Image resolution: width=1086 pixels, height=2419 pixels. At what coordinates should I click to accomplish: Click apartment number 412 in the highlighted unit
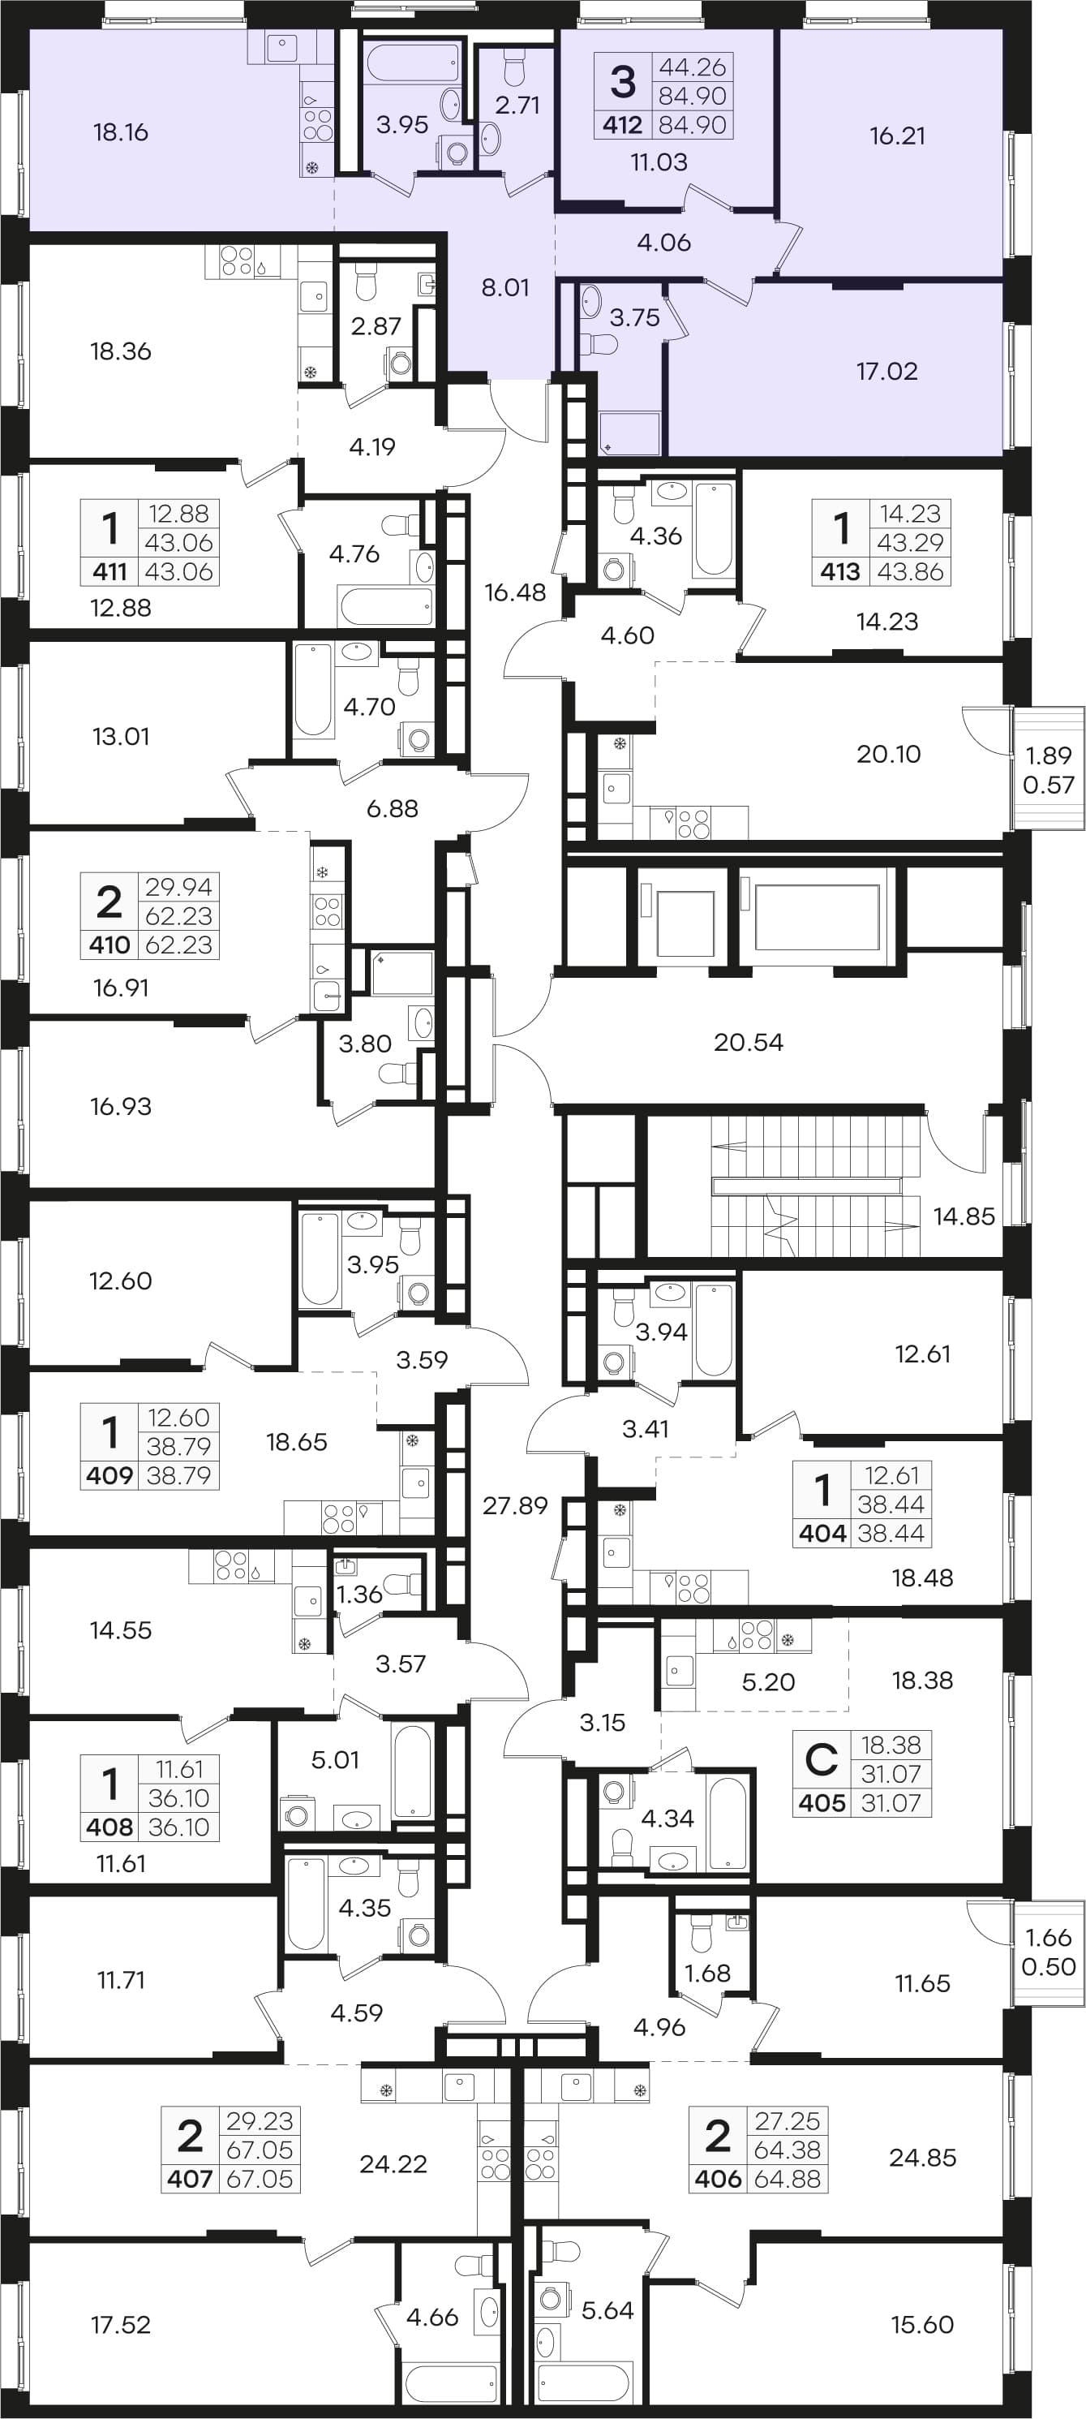click(622, 125)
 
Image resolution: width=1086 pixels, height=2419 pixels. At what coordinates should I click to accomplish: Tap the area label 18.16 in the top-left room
click(120, 132)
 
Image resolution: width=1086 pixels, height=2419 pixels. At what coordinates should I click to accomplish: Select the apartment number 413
click(840, 571)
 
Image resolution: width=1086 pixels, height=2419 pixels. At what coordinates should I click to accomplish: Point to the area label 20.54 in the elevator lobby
click(748, 1041)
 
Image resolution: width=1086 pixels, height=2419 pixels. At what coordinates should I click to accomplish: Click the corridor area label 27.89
click(515, 1505)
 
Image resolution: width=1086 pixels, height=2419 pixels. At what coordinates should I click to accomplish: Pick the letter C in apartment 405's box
click(822, 1758)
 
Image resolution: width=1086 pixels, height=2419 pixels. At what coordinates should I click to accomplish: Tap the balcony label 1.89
click(1048, 755)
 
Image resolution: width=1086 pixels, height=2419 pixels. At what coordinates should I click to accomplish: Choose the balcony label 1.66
click(1048, 1937)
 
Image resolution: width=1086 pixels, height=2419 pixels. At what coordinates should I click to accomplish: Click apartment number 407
click(191, 2178)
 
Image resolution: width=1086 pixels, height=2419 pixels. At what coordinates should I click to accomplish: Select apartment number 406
click(718, 2178)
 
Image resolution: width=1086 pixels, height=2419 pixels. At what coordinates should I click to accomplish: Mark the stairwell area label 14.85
click(964, 1216)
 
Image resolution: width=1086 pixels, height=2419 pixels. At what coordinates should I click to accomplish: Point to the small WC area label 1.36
click(359, 1594)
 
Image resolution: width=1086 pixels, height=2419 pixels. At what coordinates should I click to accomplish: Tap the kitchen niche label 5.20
click(768, 1682)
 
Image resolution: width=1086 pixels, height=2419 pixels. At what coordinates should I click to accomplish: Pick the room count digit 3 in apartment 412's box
click(622, 81)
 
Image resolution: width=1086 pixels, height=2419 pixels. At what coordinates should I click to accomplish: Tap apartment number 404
click(822, 1534)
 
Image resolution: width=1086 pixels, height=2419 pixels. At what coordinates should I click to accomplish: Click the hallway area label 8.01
click(505, 287)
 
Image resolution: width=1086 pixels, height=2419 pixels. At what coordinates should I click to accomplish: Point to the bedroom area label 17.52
click(120, 2324)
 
